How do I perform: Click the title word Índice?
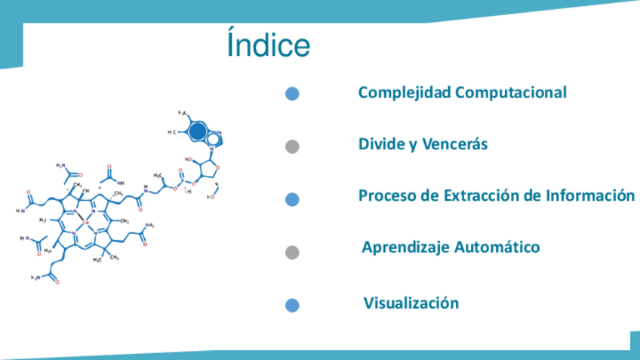point(268,45)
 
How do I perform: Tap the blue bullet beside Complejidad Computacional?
point(293,94)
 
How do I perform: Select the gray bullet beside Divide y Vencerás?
point(293,146)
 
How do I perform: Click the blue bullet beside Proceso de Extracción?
point(293,199)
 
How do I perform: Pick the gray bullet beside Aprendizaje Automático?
point(293,252)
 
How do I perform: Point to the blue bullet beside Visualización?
point(293,305)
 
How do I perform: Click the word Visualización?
point(411,303)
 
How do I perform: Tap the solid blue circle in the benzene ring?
point(197,131)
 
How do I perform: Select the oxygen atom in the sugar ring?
point(217,168)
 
